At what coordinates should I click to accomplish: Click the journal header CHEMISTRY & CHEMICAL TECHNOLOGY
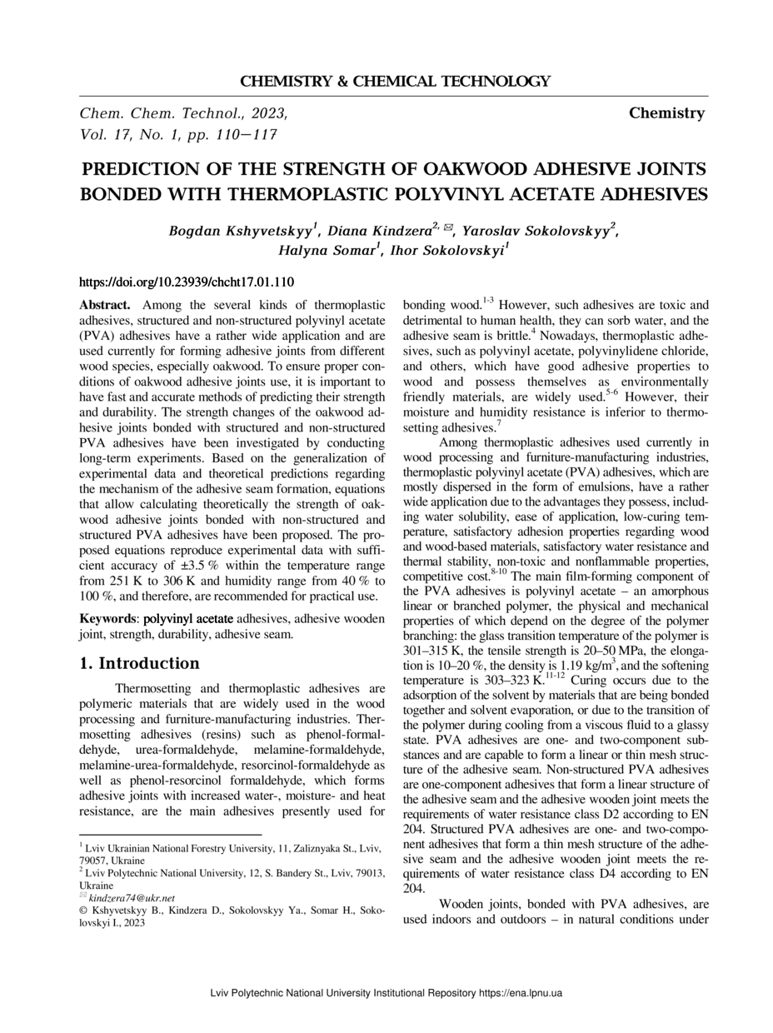click(x=395, y=82)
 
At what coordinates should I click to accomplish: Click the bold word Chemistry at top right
click(x=666, y=113)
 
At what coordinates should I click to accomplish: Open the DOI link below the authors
click(x=186, y=283)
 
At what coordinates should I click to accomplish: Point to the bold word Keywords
click(x=107, y=619)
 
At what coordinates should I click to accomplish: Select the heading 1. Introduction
click(x=139, y=664)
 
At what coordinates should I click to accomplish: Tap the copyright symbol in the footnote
click(x=83, y=911)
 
